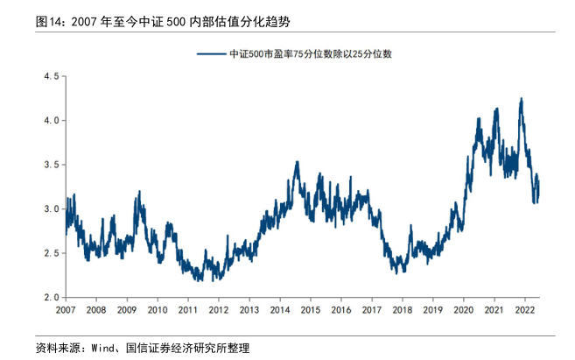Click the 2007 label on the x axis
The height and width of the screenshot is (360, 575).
(66, 310)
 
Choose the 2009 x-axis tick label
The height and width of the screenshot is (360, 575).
(127, 310)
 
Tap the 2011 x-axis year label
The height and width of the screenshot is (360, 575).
(187, 310)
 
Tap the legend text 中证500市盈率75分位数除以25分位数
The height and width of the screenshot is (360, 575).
(310, 54)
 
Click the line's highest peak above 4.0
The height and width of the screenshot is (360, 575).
(522, 99)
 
